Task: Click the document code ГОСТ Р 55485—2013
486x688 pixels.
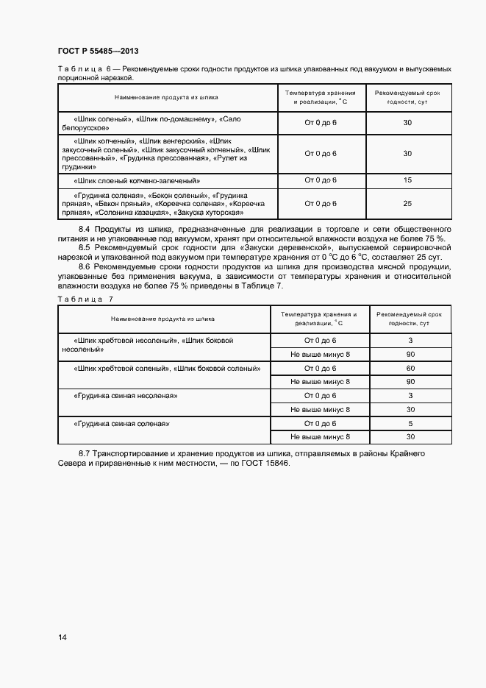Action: click(x=98, y=51)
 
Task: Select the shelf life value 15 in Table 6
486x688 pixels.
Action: click(x=407, y=180)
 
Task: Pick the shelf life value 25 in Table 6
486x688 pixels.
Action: click(x=407, y=203)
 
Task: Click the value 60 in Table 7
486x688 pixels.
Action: click(x=410, y=368)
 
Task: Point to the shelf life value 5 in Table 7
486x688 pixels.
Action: click(x=410, y=424)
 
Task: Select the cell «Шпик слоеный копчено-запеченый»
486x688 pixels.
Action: click(x=137, y=180)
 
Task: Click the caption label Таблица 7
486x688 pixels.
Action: click(x=85, y=299)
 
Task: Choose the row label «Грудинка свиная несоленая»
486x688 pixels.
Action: click(x=126, y=396)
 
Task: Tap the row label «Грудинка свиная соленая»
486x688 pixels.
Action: click(x=121, y=424)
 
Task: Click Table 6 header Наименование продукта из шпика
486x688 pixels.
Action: click(x=166, y=97)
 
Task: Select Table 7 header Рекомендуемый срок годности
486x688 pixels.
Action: click(x=410, y=319)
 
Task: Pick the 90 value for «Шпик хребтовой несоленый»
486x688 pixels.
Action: click(x=410, y=354)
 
